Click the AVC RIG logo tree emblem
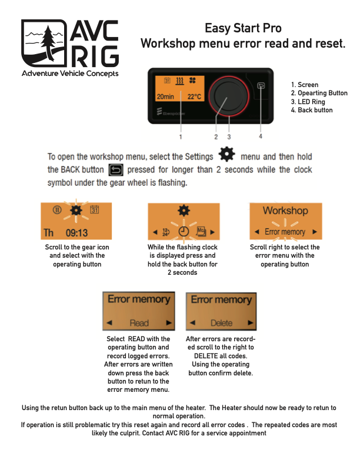45,44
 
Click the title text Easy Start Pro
243,28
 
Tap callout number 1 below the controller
181,137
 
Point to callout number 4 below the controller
261,137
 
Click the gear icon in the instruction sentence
226,156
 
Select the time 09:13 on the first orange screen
76,232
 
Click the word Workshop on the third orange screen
285,210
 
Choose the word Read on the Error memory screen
139,323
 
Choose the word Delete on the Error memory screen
221,323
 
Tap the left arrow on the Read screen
109,323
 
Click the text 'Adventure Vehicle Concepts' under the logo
70,74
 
